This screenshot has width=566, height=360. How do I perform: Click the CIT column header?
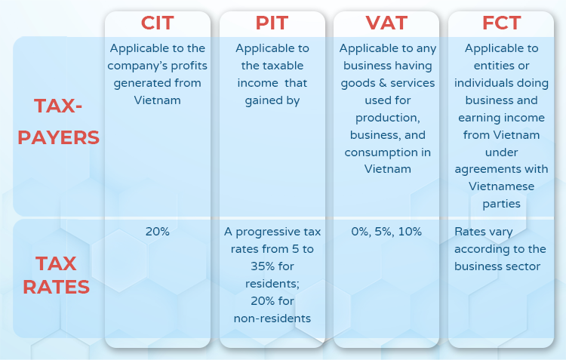[158, 23]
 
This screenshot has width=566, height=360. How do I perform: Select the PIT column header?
[272, 23]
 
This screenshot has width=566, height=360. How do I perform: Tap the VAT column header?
[386, 23]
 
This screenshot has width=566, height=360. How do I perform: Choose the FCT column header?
[501, 23]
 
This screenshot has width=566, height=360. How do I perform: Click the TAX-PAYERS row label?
[58, 122]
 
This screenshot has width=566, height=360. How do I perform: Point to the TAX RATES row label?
[57, 275]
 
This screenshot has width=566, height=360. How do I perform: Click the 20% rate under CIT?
[158, 232]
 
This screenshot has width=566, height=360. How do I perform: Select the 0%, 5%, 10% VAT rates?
[386, 232]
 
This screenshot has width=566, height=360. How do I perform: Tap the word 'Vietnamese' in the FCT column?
[501, 186]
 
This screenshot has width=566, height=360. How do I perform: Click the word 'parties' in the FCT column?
[501, 204]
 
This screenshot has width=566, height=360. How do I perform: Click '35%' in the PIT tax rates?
[262, 266]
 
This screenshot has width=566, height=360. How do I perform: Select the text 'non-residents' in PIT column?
[272, 318]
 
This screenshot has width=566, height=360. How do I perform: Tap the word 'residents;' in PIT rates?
[272, 284]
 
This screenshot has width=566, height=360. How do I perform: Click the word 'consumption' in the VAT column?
[380, 152]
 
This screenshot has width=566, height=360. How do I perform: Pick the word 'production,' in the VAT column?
[388, 118]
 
